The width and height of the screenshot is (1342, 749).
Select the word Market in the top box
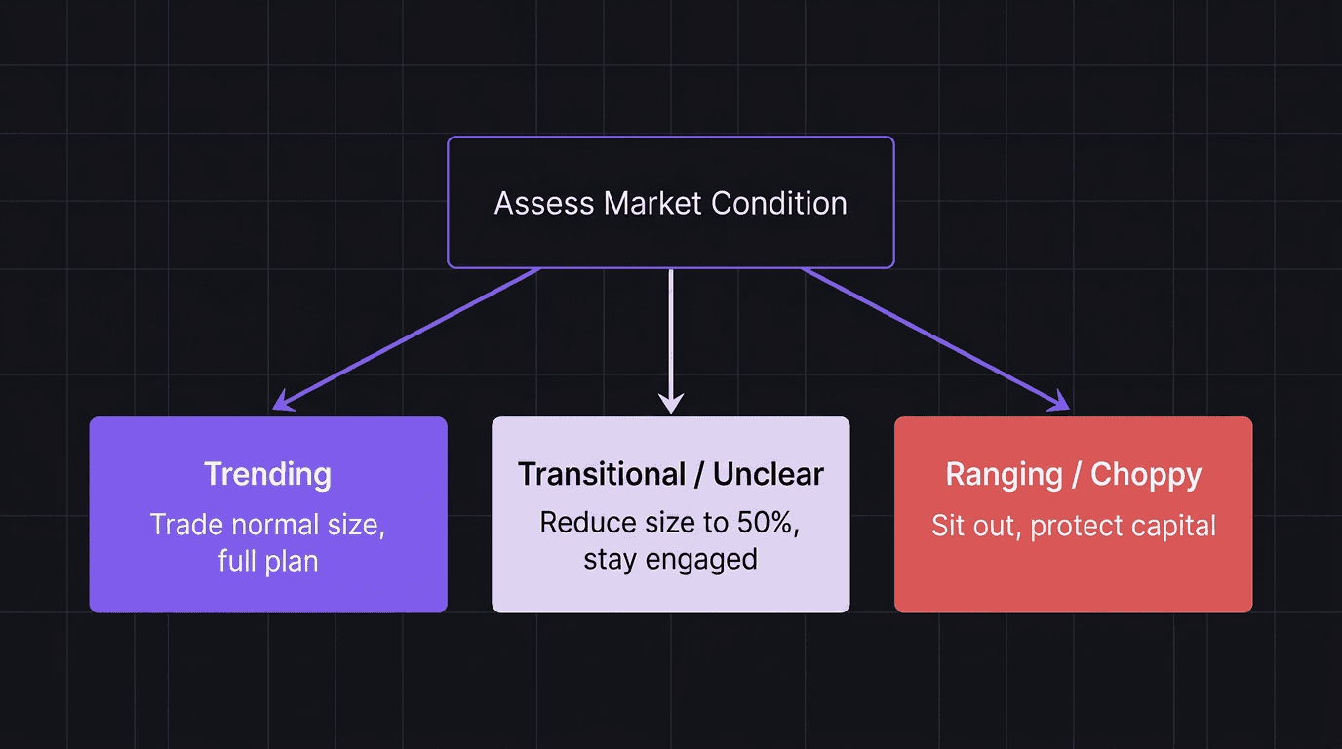coord(652,203)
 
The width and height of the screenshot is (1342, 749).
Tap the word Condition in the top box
coord(778,203)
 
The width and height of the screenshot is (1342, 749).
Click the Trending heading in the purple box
coord(268,474)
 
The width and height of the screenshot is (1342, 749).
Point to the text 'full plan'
coord(268,561)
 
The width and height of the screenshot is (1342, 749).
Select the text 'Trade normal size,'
coord(268,525)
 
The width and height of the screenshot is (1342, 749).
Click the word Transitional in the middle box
coord(602,474)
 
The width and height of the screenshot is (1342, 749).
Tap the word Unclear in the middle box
coord(769,474)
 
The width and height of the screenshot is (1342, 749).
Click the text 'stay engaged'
coord(671,559)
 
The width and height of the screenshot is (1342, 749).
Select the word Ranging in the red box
coord(1004,474)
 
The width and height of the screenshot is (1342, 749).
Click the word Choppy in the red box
coord(1146,474)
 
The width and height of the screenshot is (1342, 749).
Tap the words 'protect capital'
coord(1123,526)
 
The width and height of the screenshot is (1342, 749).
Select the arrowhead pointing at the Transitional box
coord(671,404)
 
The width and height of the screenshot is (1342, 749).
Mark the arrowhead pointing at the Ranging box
coord(1060,403)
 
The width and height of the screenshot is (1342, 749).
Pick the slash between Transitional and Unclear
coord(699,474)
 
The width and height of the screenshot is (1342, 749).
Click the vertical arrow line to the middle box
coord(671,332)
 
